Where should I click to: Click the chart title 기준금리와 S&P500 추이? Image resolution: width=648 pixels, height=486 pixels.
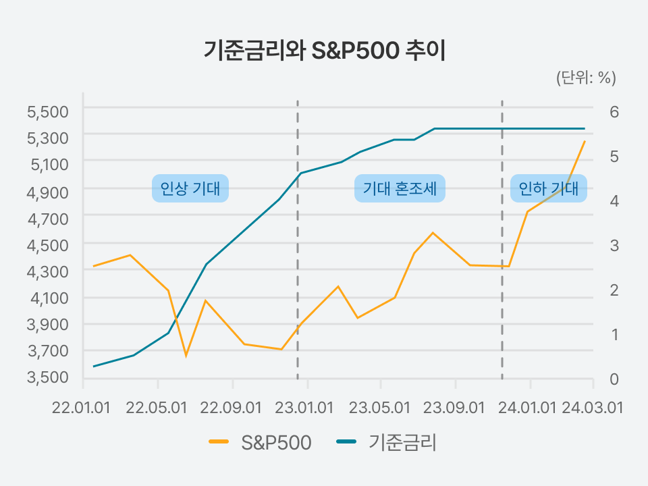coord(325,51)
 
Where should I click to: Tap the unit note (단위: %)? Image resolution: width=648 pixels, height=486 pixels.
coord(586,78)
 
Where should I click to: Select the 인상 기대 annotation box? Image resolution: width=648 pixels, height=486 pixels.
coord(190,188)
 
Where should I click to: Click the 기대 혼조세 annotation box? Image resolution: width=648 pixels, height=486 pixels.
coord(400,188)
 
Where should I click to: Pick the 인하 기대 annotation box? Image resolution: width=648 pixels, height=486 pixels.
coord(548,188)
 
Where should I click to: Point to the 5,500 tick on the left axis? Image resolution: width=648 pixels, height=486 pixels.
coord(48,111)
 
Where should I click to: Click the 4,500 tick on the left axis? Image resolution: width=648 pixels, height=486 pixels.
coord(48,244)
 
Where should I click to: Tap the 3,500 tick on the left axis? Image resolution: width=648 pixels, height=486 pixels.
coord(48,377)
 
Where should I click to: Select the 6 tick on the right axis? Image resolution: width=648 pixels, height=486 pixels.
coord(614,111)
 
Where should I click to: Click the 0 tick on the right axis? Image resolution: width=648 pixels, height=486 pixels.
coord(614,379)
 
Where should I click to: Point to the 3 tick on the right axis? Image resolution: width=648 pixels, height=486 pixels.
coord(614,245)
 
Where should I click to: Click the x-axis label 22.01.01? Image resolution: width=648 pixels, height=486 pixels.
coord(82,408)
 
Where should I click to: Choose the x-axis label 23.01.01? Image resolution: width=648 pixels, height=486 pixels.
coord(306,408)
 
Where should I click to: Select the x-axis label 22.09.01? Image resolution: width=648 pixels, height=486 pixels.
coord(232,408)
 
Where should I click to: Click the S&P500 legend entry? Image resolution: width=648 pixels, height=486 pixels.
coord(261,443)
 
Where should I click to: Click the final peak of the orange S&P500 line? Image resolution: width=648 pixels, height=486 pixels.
coord(585,141)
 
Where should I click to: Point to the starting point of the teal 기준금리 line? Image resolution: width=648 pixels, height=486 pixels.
coord(94,367)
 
